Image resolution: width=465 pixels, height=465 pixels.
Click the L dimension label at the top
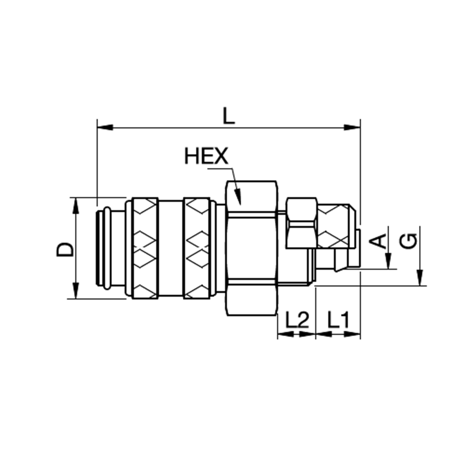click(x=229, y=116)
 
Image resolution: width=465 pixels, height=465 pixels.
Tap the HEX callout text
click(x=206, y=156)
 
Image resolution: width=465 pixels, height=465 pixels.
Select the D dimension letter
click(x=65, y=249)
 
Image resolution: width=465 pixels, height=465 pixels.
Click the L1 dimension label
click(x=339, y=320)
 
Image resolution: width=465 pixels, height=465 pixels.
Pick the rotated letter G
click(x=408, y=240)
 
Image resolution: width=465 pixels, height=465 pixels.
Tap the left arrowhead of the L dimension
click(x=105, y=127)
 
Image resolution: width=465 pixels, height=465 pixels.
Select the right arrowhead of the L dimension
click(x=352, y=127)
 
